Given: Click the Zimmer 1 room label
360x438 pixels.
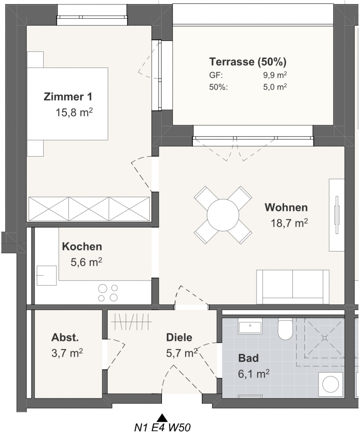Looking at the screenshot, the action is pyautogui.click(x=68, y=97).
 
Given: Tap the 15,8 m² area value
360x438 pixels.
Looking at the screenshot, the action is pyautogui.click(x=74, y=112).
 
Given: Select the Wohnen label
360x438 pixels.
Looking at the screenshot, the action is pyautogui.click(x=286, y=207).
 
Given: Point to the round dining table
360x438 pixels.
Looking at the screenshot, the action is pyautogui.click(x=223, y=215).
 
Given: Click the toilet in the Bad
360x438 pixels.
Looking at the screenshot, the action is pyautogui.click(x=285, y=328).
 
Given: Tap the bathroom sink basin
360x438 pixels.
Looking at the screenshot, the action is pyautogui.click(x=250, y=326).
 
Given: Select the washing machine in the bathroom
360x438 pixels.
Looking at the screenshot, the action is pyautogui.click(x=331, y=384).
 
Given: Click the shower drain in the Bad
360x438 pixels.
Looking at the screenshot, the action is pyautogui.click(x=324, y=338).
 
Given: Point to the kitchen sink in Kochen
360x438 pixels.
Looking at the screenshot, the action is pyautogui.click(x=47, y=275).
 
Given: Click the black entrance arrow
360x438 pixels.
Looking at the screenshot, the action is pyautogui.click(x=162, y=417).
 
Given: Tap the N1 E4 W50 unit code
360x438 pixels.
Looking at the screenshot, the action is pyautogui.click(x=162, y=428).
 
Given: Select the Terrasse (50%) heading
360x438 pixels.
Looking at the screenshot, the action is pyautogui.click(x=248, y=62).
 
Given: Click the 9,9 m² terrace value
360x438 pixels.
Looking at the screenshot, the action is pyautogui.click(x=275, y=75).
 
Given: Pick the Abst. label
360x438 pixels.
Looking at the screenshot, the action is pyautogui.click(x=65, y=337).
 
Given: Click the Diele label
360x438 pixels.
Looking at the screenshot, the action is pyautogui.click(x=179, y=337).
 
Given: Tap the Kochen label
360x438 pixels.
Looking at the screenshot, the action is pyautogui.click(x=82, y=246).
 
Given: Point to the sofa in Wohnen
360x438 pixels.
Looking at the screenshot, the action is pyautogui.click(x=293, y=287).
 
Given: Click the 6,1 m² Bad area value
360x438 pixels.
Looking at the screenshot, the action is pyautogui.click(x=254, y=373).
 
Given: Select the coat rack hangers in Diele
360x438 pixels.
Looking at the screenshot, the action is pyautogui.click(x=131, y=322).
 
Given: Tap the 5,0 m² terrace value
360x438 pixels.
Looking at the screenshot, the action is pyautogui.click(x=275, y=87).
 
